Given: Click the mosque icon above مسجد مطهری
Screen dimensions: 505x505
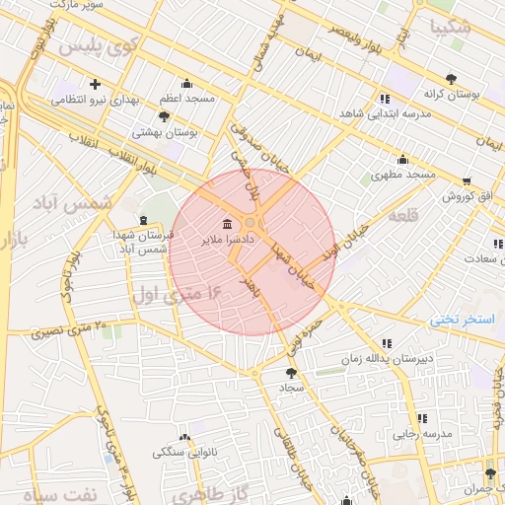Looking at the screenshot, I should point(402,159).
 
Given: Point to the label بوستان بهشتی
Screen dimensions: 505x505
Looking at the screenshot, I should point(166,131).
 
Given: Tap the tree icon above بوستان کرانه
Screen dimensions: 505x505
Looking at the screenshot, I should point(452,77).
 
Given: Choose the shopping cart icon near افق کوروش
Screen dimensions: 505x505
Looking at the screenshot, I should point(467,181).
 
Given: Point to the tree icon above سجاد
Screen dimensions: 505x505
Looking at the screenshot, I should point(290,372).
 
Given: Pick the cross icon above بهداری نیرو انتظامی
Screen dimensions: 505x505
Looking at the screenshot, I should point(95,84).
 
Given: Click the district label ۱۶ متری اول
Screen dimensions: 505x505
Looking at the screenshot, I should point(179,293).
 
